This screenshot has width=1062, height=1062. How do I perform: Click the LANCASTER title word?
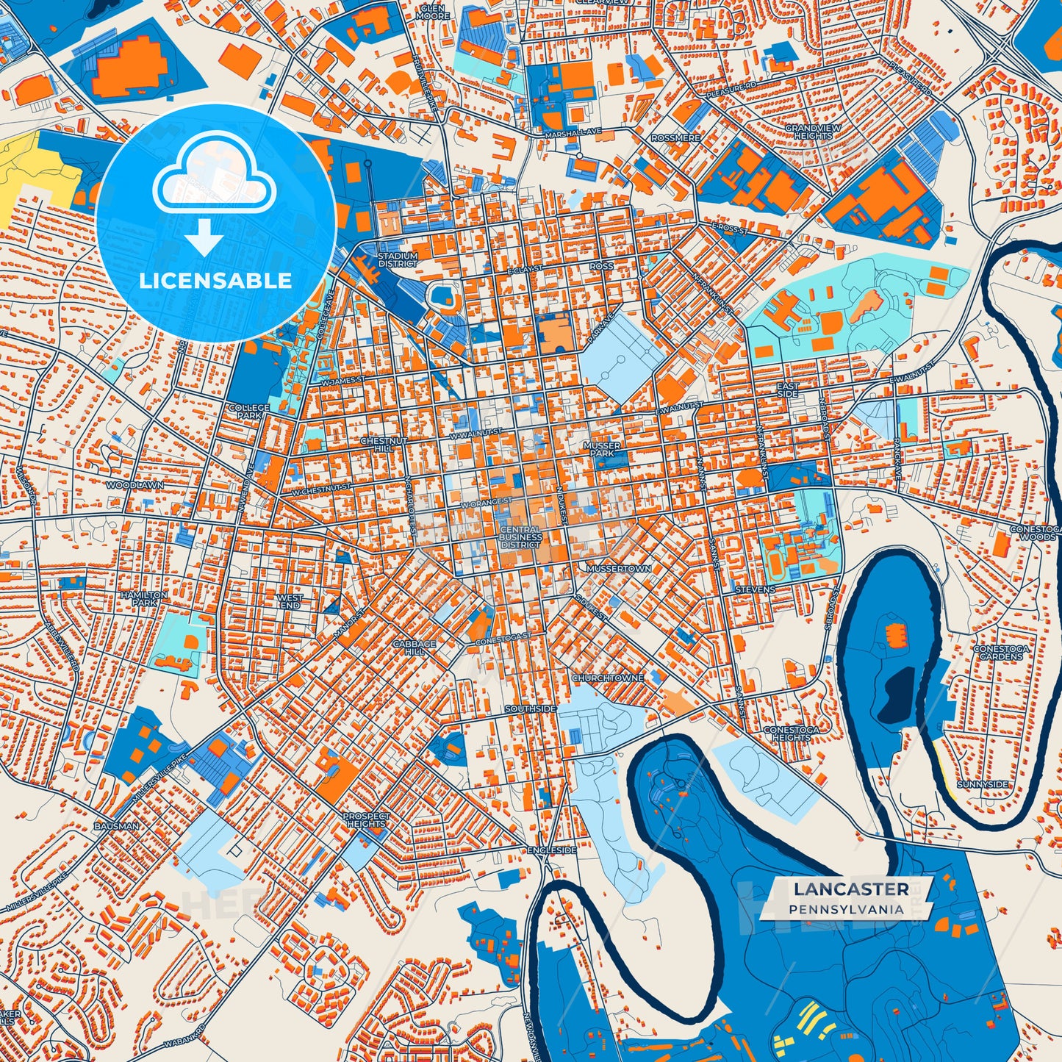(x=850, y=889)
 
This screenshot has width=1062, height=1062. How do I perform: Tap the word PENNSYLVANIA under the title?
(x=847, y=909)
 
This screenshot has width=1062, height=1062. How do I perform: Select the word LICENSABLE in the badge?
(x=215, y=280)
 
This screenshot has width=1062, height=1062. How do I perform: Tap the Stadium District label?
(x=398, y=259)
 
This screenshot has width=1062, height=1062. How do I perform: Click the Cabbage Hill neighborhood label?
(x=414, y=647)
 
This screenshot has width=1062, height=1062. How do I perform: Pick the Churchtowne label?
(x=608, y=678)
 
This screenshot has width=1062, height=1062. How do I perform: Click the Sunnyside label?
(x=983, y=784)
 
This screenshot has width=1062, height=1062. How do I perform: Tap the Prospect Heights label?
(x=366, y=820)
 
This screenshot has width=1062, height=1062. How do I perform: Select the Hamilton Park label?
(x=144, y=598)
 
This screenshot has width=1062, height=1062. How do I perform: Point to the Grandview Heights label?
(x=813, y=132)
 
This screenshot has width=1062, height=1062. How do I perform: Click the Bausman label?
(x=116, y=826)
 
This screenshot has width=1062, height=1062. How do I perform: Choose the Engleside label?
(x=552, y=850)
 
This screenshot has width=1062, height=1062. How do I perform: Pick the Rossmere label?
(x=675, y=138)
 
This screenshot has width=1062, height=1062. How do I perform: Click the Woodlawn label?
(x=134, y=486)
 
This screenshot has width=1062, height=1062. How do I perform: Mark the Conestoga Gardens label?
(x=1001, y=653)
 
